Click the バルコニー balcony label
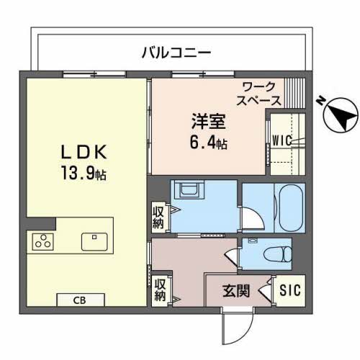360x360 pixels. tap(176, 53)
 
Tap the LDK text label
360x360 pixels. tap(84, 152)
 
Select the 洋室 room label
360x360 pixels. tap(204, 121)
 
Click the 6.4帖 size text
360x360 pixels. tap(208, 143)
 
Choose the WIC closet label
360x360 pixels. tap(280, 140)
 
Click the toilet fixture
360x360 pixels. tap(277, 253)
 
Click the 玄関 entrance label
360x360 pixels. tap(235, 291)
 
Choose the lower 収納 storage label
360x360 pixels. tap(159, 287)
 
